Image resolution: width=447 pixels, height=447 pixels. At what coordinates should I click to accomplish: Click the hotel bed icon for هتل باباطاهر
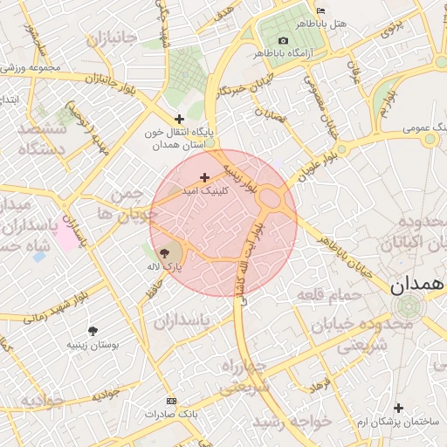pos(320,10)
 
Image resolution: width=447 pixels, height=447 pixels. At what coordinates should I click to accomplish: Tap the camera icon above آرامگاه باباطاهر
pos(282,41)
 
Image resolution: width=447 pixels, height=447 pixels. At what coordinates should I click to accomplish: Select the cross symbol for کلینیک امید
pos(205,177)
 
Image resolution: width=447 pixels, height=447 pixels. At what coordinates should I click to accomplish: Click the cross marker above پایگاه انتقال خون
pos(180,119)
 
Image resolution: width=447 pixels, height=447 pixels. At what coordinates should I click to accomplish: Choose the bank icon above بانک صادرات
pos(171,402)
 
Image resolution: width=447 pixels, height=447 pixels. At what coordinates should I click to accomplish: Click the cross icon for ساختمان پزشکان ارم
pos(399,408)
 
